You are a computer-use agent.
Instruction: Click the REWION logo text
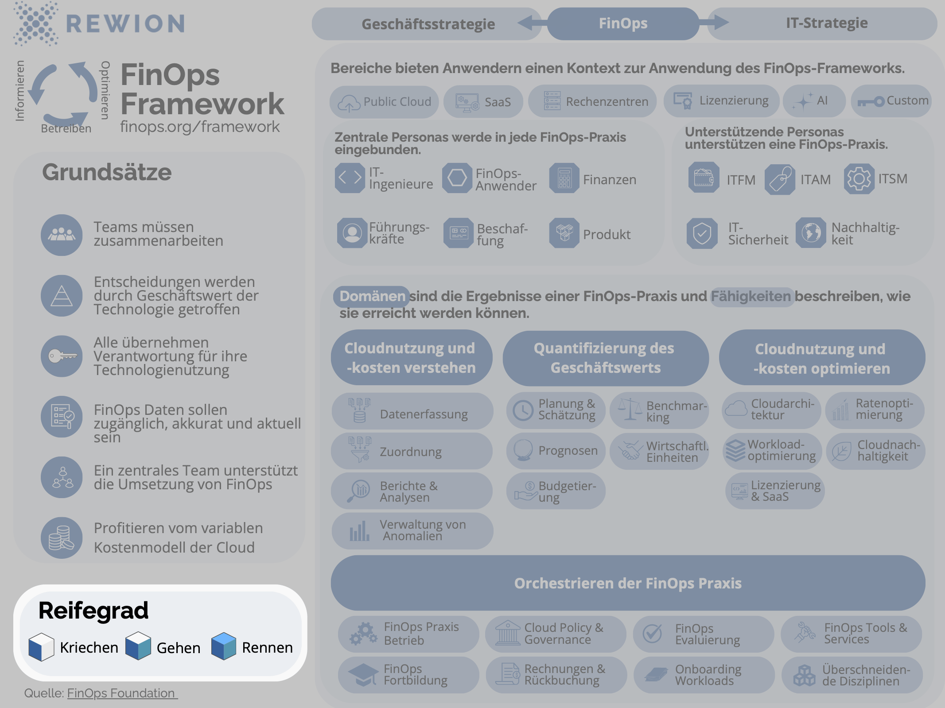coord(125,24)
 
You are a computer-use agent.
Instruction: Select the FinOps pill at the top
coord(623,23)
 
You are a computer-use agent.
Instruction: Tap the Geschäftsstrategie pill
coord(428,24)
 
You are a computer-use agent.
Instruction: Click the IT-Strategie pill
coord(826,23)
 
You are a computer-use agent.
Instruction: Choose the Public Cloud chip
coord(384,102)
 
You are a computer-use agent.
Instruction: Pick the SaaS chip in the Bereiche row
coord(483,102)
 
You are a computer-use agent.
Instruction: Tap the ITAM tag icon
coord(780,179)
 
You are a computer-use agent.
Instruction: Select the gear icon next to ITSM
coord(859,179)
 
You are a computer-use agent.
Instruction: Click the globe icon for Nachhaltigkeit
coord(811,233)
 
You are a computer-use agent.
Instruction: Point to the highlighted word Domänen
coord(372,296)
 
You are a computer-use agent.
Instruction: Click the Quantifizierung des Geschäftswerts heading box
coord(605,358)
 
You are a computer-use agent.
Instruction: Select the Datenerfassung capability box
coord(412,411)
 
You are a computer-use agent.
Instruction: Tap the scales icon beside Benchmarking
coord(630,409)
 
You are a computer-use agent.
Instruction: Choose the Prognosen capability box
coord(556,451)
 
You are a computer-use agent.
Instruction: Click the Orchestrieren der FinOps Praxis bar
coord(628,583)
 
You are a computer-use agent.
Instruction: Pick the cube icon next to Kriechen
coord(41,647)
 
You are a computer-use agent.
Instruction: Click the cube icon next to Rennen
coord(223,646)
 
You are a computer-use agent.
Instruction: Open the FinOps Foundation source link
coord(122,693)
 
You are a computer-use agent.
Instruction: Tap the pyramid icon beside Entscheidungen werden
coord(62,296)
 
